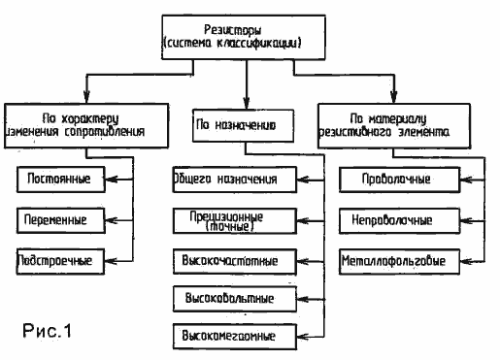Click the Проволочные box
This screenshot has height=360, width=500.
pos(384,180)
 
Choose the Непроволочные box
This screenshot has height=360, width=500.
pos(384,219)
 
